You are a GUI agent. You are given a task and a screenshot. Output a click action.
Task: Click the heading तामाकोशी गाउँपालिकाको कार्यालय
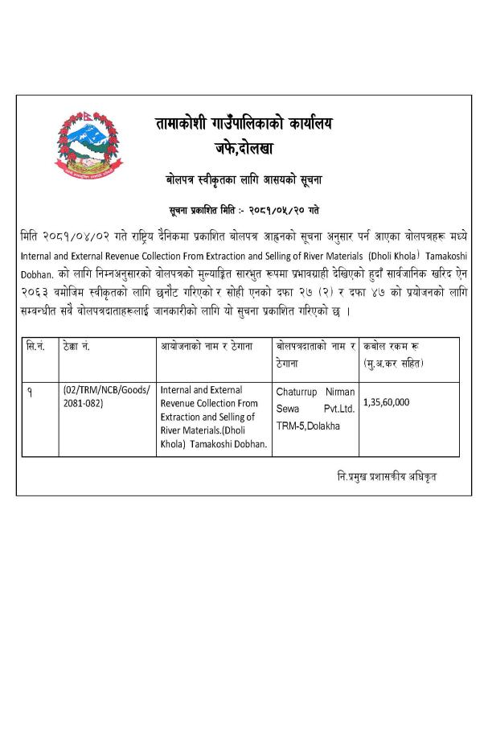click(x=244, y=124)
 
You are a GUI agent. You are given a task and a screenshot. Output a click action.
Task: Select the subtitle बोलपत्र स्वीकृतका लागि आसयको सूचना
click(x=244, y=179)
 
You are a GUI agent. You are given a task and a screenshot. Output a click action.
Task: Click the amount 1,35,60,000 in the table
click(x=387, y=401)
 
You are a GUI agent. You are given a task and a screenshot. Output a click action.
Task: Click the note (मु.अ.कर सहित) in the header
click(x=395, y=364)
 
